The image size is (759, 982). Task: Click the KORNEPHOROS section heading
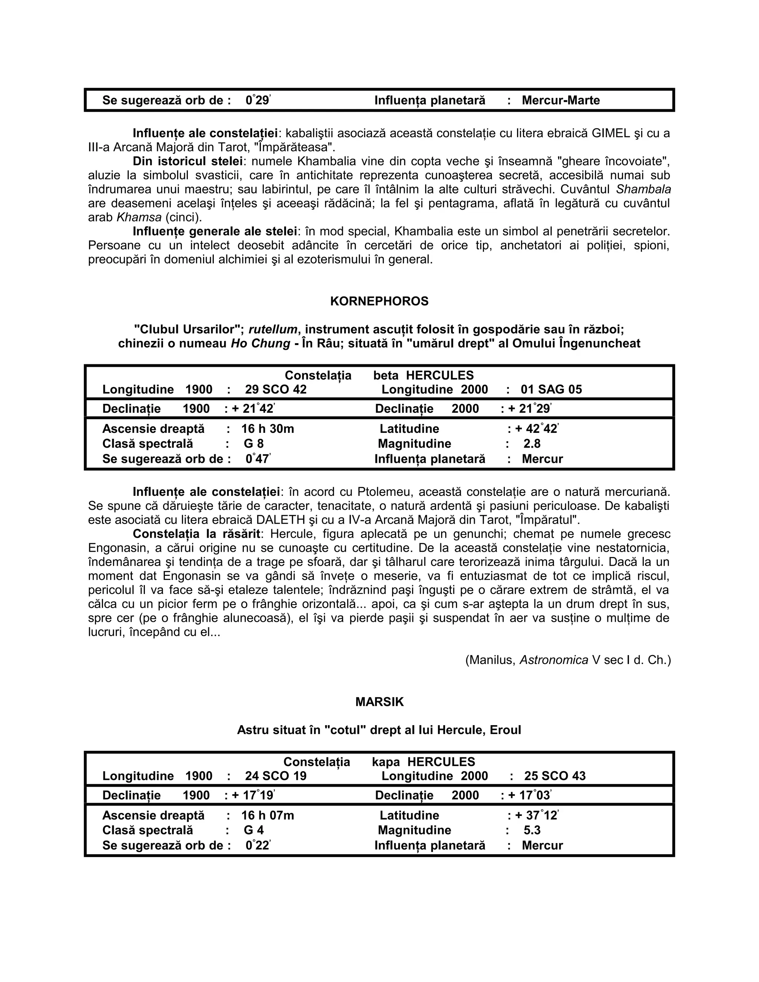click(379, 301)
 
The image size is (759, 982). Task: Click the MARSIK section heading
click(379, 702)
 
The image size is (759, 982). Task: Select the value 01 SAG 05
click(551, 389)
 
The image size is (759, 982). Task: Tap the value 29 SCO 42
click(275, 389)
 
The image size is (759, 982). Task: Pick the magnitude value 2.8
click(531, 444)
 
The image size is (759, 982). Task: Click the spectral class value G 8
click(253, 444)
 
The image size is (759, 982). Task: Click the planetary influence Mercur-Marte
click(560, 100)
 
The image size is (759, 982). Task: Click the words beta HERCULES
click(423, 375)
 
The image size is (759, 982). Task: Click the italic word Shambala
click(643, 189)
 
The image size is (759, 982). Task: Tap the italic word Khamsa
click(139, 218)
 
